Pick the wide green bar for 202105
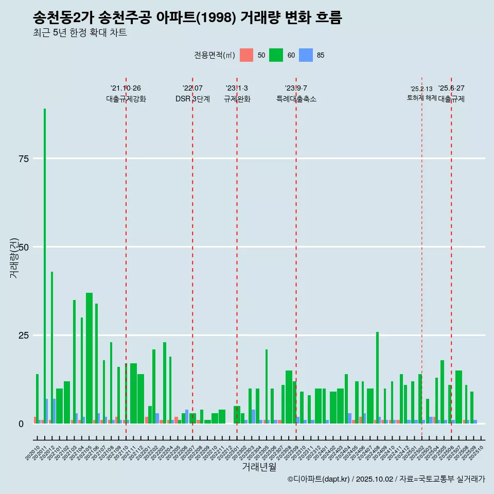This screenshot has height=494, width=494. point(89,358)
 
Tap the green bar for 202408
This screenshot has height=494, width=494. point(377,378)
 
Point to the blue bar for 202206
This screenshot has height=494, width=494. point(187,417)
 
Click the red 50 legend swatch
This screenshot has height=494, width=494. point(246,55)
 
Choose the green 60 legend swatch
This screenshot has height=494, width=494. point(276,55)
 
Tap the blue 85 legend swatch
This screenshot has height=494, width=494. point(306,55)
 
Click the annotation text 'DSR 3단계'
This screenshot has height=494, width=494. point(192,99)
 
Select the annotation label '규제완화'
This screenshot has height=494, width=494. point(237,99)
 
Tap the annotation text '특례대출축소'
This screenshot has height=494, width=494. point(296,99)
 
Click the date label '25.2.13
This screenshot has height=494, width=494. point(421,89)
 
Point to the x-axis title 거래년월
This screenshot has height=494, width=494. point(259,467)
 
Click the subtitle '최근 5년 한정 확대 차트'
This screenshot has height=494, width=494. point(80,33)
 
